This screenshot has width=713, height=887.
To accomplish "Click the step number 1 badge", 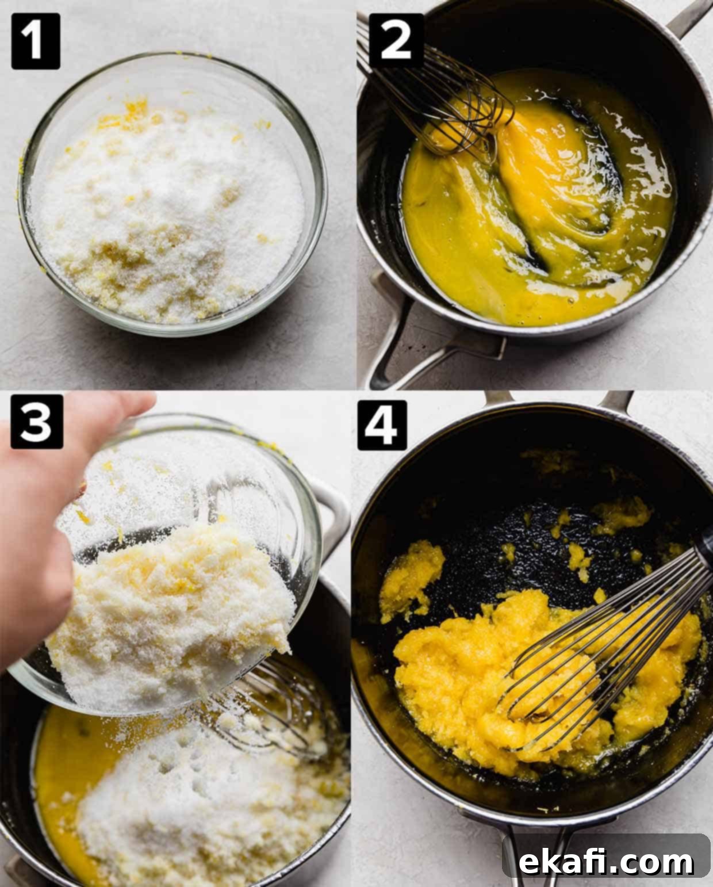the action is (x=36, y=41).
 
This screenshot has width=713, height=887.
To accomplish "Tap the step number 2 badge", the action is (x=396, y=41).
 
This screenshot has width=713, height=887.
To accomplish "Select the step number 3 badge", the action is (x=37, y=422).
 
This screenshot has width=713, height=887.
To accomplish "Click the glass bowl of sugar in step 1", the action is (x=172, y=194).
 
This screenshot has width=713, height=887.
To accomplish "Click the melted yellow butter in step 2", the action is (x=536, y=198).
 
